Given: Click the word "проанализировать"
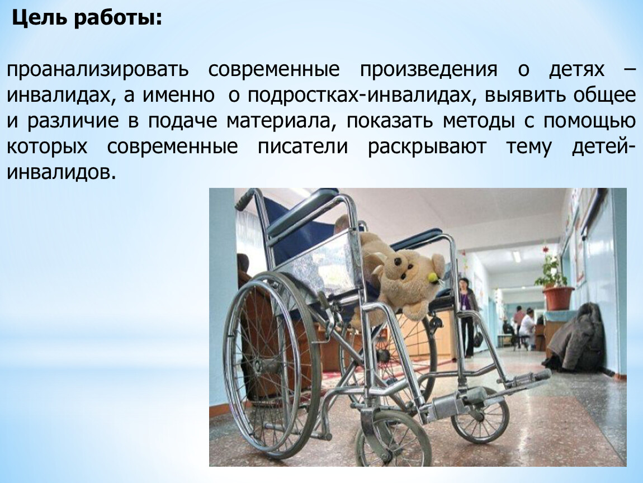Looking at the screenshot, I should [98, 70].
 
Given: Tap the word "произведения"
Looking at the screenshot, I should [428, 70].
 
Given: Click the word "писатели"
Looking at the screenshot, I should [302, 147].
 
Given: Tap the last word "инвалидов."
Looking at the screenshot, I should [62, 173].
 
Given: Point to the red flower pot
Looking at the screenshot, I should [559, 298].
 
